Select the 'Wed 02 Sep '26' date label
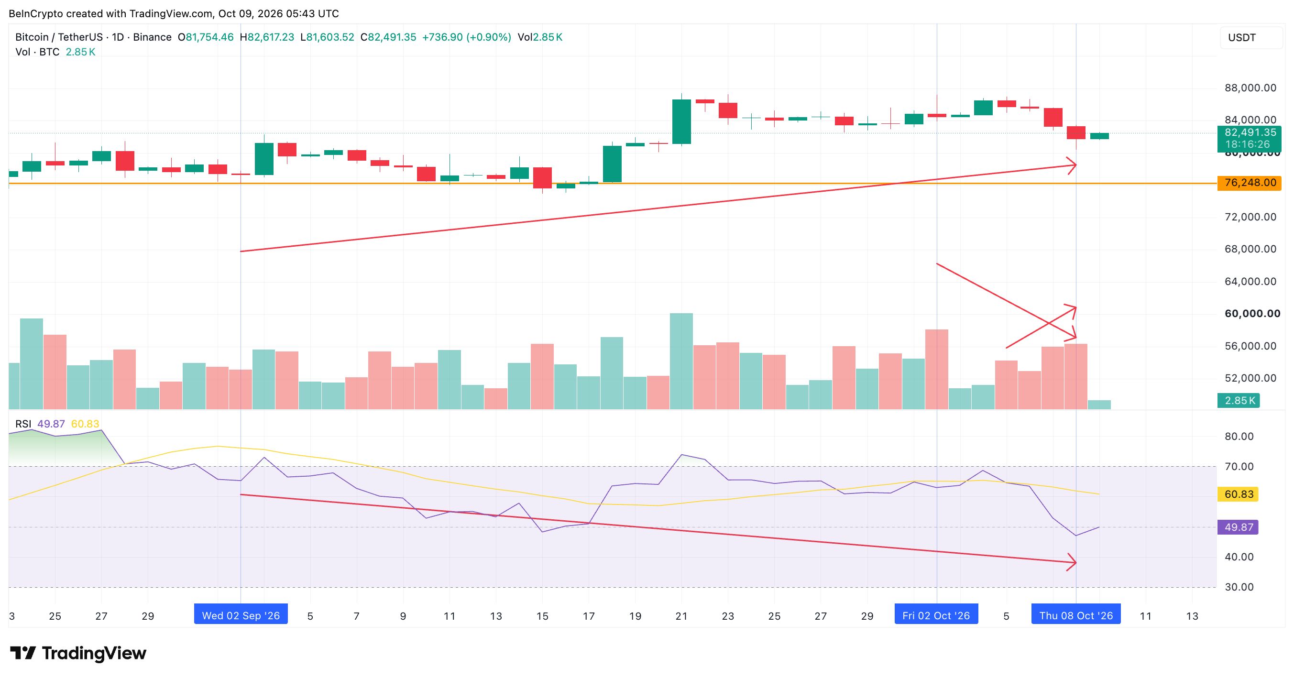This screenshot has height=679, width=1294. tap(241, 615)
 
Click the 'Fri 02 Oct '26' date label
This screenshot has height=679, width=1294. tap(936, 615)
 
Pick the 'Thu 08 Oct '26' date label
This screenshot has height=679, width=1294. tap(1076, 615)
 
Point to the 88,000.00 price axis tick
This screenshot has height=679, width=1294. tap(1250, 88)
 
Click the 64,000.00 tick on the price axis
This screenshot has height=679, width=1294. tap(1250, 281)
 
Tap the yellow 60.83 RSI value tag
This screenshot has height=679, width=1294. tap(1239, 494)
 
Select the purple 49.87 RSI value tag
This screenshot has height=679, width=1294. tap(1239, 527)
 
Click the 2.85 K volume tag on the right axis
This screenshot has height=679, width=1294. tap(1239, 400)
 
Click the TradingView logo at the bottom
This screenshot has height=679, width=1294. tap(78, 653)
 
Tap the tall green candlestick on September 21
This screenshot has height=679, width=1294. tap(681, 121)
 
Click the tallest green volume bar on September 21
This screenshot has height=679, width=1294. tap(681, 361)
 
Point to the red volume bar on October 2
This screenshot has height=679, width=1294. tap(937, 369)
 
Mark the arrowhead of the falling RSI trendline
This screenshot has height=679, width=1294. tap(1075, 562)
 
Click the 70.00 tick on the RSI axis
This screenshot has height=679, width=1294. tap(1239, 467)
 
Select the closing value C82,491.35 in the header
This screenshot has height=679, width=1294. tap(388, 37)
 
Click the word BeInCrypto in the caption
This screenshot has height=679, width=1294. tap(36, 13)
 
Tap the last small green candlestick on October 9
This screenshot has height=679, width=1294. tap(1099, 136)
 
